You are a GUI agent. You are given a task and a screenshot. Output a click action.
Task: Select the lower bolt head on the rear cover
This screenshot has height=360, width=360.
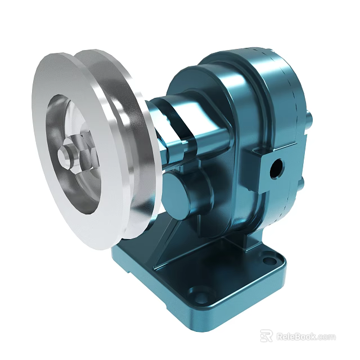[303, 183]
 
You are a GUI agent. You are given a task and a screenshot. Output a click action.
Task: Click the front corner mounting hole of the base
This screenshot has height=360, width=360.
[199, 292]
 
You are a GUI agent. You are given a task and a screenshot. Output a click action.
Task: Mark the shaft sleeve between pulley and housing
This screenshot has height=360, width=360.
[169, 121]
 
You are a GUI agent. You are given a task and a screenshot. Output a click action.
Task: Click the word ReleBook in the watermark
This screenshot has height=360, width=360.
[296, 336]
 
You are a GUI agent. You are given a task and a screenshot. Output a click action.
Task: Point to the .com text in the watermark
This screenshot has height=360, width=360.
[327, 337]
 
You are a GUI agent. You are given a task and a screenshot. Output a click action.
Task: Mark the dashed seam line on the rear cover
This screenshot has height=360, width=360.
[290, 112]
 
